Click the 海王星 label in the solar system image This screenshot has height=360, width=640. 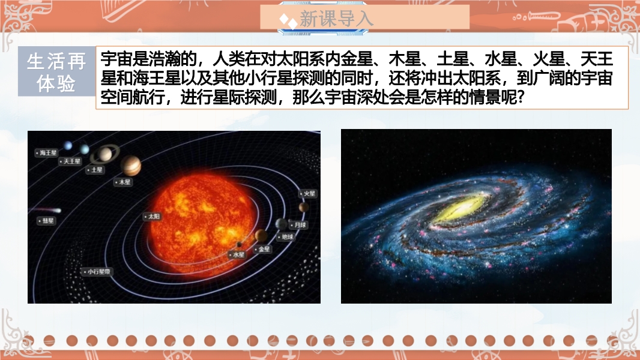tap(46, 153)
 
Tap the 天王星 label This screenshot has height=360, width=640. tap(70, 161)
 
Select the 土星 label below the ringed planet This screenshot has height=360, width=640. tap(95, 170)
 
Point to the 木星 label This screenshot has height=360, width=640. tap(123, 182)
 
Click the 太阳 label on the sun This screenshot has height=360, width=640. tap(152, 217)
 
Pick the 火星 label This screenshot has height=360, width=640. tap(308, 194)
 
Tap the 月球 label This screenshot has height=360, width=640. tap(298, 225)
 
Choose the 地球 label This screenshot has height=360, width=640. tap(286, 237)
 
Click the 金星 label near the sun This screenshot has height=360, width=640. tap(262, 249)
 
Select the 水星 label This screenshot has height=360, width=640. tap(237, 254)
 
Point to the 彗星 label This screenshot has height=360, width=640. tap(47, 221)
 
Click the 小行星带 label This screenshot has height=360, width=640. tap(97, 272)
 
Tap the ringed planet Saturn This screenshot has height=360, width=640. tap(105, 154)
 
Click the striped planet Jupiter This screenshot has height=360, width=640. tap(131, 165)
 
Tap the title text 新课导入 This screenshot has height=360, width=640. tap(336, 19)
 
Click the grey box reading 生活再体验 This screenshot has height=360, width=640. tap(56, 71)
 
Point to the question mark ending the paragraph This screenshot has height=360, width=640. tap(520, 98)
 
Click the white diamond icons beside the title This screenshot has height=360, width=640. tap(288, 21)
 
